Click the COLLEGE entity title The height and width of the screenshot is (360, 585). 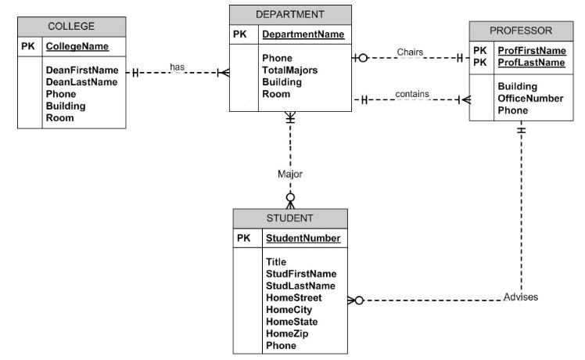click(71, 26)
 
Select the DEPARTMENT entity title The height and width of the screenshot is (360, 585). click(290, 14)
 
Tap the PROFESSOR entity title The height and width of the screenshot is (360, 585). click(521, 31)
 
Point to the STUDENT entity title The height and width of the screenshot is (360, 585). click(289, 218)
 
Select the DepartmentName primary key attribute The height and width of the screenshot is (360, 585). click(303, 35)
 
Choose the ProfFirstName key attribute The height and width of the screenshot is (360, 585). click(531, 51)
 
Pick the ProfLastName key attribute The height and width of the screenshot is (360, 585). click(531, 62)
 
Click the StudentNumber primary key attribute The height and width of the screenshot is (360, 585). click(303, 238)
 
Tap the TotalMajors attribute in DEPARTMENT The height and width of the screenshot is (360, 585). click(290, 70)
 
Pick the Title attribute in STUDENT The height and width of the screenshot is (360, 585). click(276, 262)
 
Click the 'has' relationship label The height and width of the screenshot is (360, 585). click(178, 67)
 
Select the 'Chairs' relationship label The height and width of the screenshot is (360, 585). click(410, 52)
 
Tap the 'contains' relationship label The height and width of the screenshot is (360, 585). click(411, 94)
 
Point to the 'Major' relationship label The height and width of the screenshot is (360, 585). click(290, 174)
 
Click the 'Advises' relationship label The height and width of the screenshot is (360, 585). click(521, 297)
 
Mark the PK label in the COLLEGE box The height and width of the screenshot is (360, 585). click(28, 47)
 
